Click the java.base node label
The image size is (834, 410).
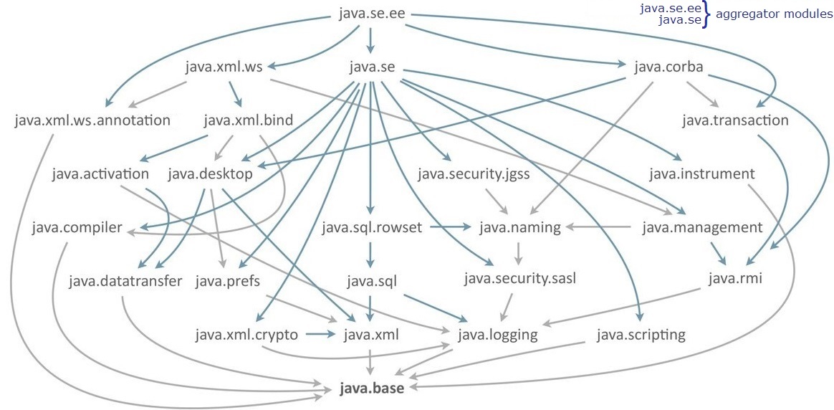(x=372, y=388)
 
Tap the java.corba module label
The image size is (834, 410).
(x=668, y=68)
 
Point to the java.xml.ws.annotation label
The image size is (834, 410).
(x=92, y=120)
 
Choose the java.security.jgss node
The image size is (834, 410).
(x=473, y=174)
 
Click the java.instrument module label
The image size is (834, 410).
(x=701, y=173)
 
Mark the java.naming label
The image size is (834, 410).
(x=519, y=228)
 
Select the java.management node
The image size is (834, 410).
(x=701, y=228)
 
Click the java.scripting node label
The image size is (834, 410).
(x=641, y=334)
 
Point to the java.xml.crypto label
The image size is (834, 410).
(x=246, y=334)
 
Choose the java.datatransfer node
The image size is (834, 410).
(x=126, y=280)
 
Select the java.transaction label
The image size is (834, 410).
(x=735, y=120)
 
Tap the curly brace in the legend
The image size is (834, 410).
(x=706, y=14)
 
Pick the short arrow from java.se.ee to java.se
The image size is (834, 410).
(x=370, y=40)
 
